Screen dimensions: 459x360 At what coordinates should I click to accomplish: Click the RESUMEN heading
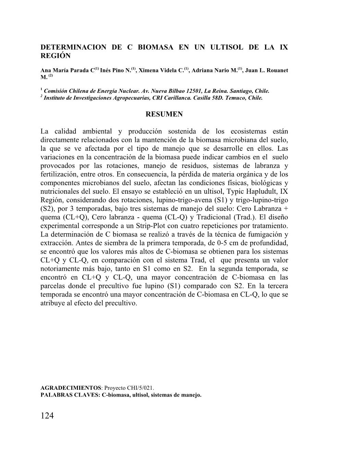164,114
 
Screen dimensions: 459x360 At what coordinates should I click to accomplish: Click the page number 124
47,416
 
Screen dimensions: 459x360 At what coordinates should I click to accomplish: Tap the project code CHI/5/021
140,388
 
